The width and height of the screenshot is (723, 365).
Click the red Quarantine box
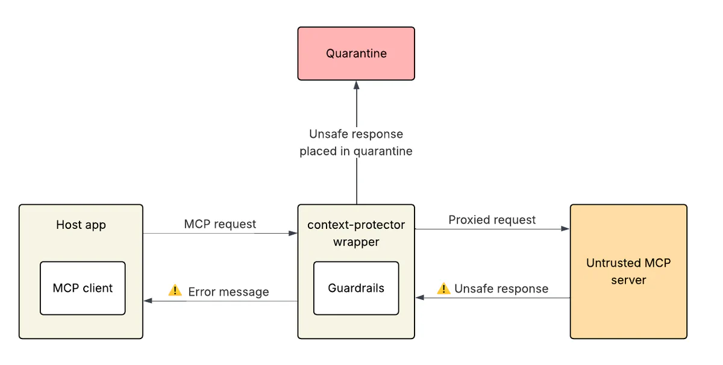[356, 54]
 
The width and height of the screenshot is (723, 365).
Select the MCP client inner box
[83, 288]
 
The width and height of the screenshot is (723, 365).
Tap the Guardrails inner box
[356, 288]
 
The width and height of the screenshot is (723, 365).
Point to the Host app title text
[81, 225]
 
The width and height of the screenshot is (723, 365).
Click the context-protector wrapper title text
[356, 225]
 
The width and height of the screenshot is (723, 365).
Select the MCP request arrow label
[220, 224]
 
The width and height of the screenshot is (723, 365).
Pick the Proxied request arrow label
[492, 220]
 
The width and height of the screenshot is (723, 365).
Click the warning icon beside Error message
[175, 290]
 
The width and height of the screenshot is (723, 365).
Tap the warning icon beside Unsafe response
[443, 288]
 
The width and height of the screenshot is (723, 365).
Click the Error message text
[228, 292]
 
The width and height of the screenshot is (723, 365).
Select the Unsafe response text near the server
[501, 289]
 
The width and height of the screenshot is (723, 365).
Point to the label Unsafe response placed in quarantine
[356, 143]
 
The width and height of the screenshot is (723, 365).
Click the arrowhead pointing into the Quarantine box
[356, 85]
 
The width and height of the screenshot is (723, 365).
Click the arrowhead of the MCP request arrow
[293, 234]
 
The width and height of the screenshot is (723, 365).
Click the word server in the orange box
[628, 280]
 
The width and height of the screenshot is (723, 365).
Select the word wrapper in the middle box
[356, 242]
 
